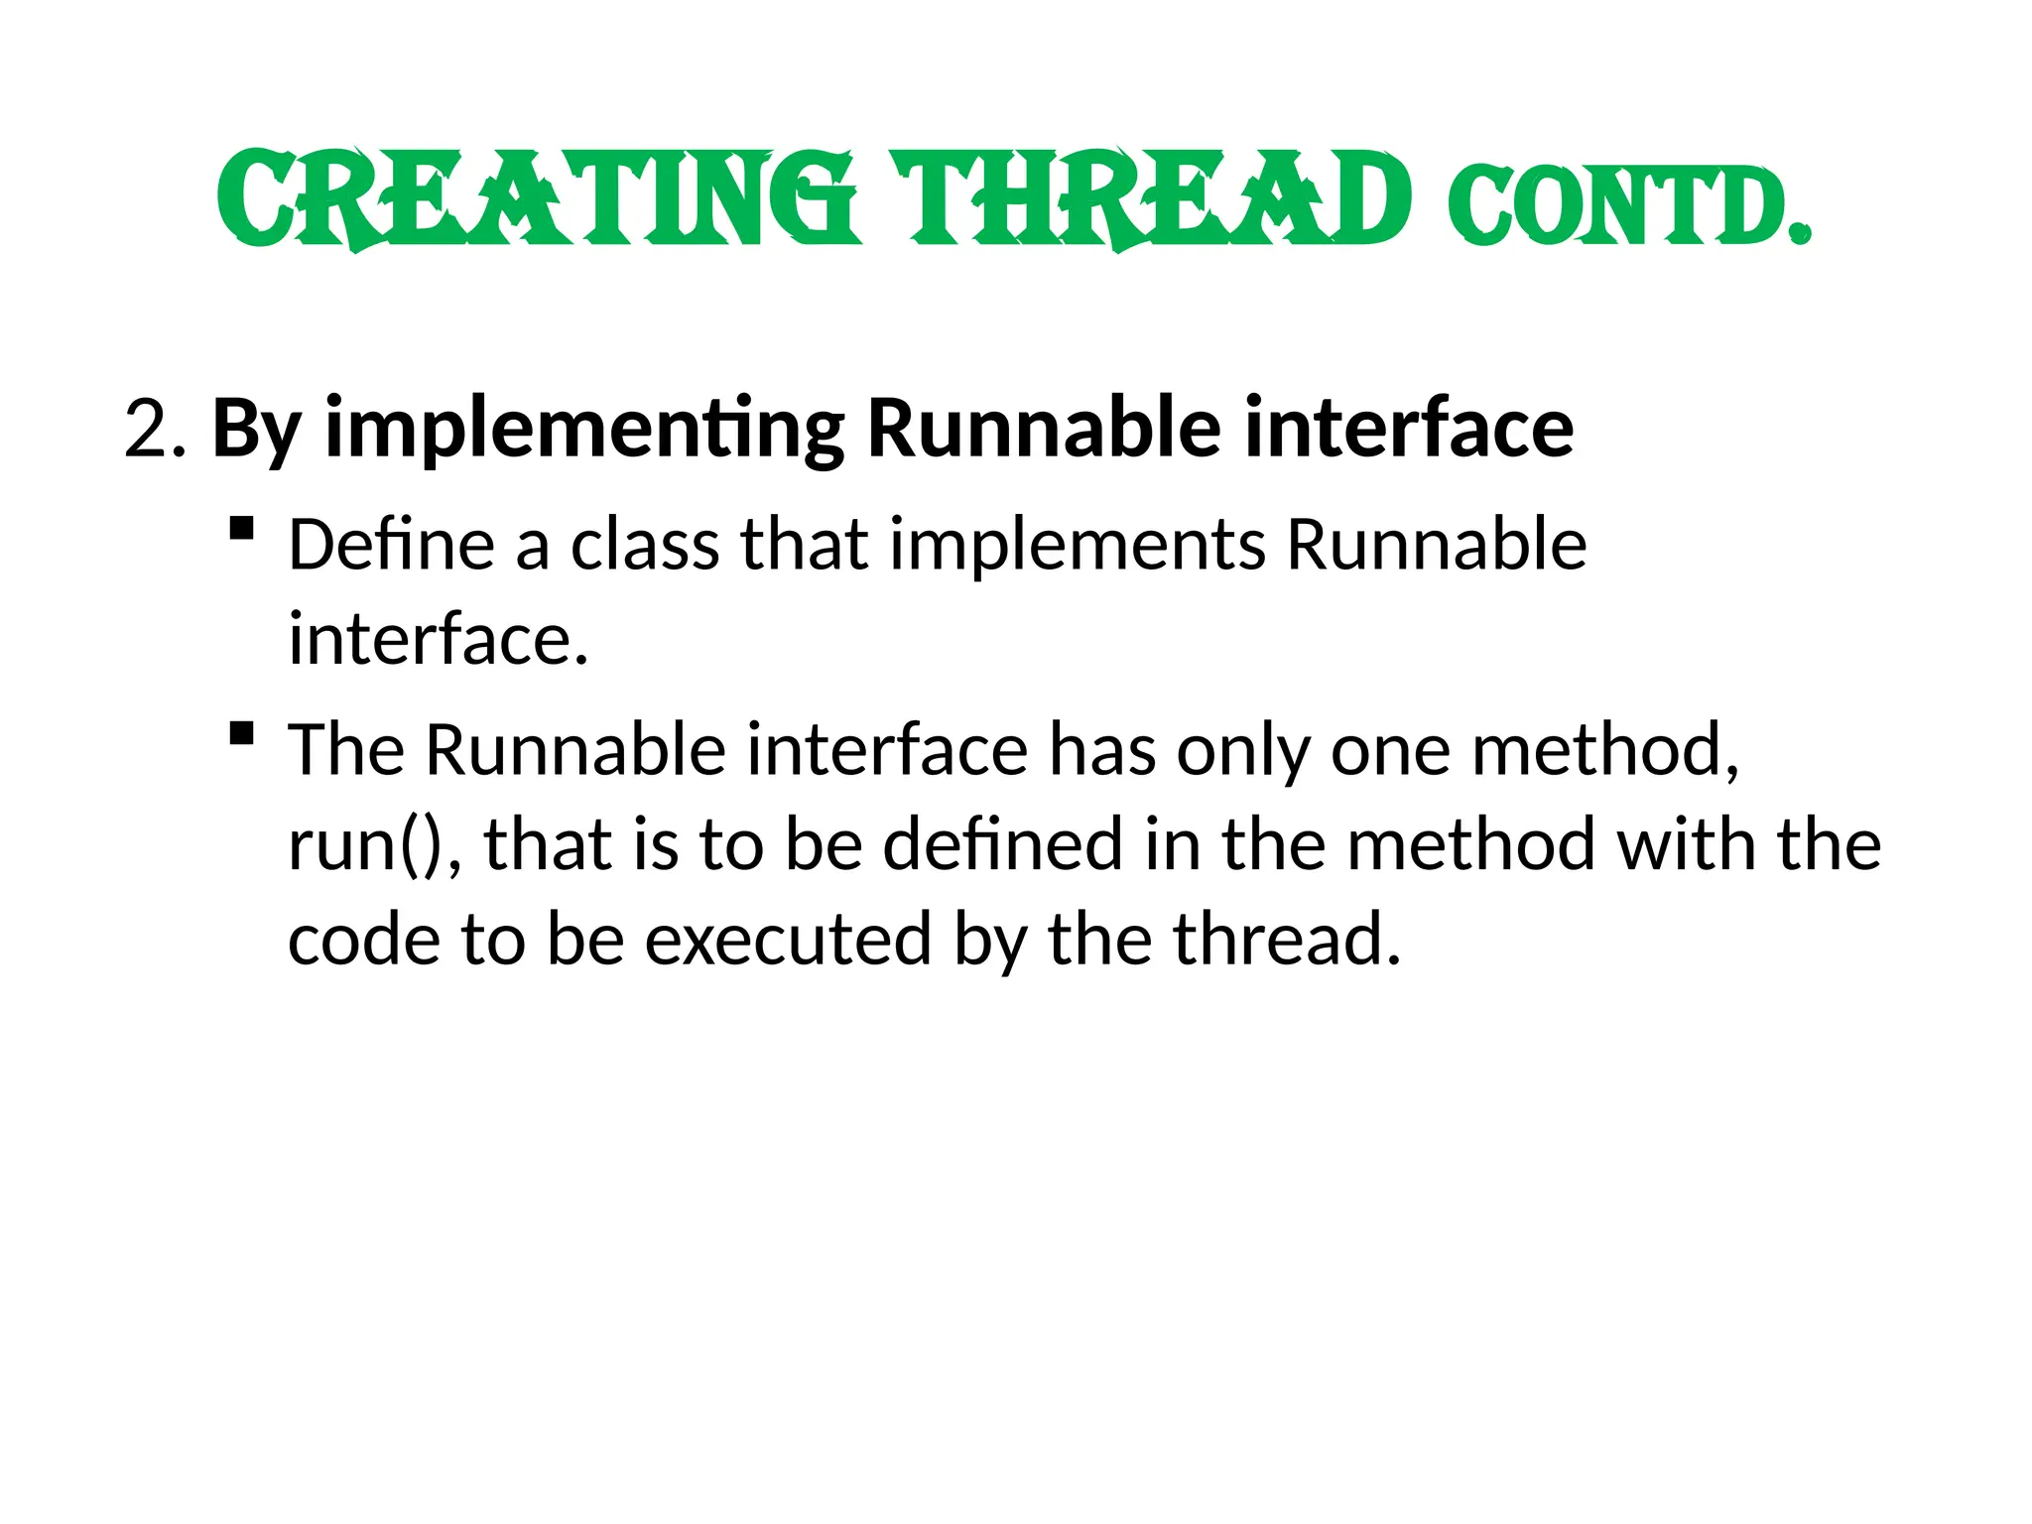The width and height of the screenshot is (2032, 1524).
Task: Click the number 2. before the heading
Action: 155,429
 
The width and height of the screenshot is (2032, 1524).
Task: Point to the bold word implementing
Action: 584,429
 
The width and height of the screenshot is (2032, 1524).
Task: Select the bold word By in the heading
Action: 256,429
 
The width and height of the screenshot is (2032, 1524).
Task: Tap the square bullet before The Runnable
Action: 241,733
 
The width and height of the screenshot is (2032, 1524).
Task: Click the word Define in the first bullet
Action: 391,545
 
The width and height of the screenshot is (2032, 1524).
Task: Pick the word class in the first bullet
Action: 645,545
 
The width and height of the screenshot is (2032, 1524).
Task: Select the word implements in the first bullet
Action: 1078,545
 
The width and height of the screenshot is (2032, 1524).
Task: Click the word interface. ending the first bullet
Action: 438,639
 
